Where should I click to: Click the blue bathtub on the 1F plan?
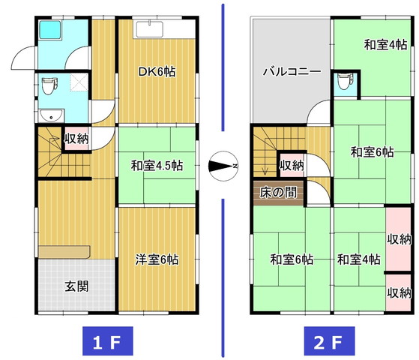point(50,30)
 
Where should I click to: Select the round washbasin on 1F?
point(51,115)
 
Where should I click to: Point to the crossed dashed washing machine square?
point(79,83)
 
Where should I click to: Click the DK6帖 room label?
point(157,72)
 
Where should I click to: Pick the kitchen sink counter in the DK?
point(150,29)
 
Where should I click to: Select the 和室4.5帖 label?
point(157,166)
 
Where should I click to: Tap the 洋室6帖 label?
point(157,259)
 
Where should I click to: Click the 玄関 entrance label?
point(76,286)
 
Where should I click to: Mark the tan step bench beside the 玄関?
point(64,252)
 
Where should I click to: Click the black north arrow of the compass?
point(220,166)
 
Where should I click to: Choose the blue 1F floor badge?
point(108,341)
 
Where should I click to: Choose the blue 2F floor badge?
point(330,341)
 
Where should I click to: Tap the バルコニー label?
point(292,72)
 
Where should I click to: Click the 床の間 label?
point(278,192)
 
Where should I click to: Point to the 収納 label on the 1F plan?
point(76,139)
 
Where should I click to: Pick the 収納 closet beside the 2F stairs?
point(292,165)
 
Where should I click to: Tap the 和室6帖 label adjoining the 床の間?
point(292,259)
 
